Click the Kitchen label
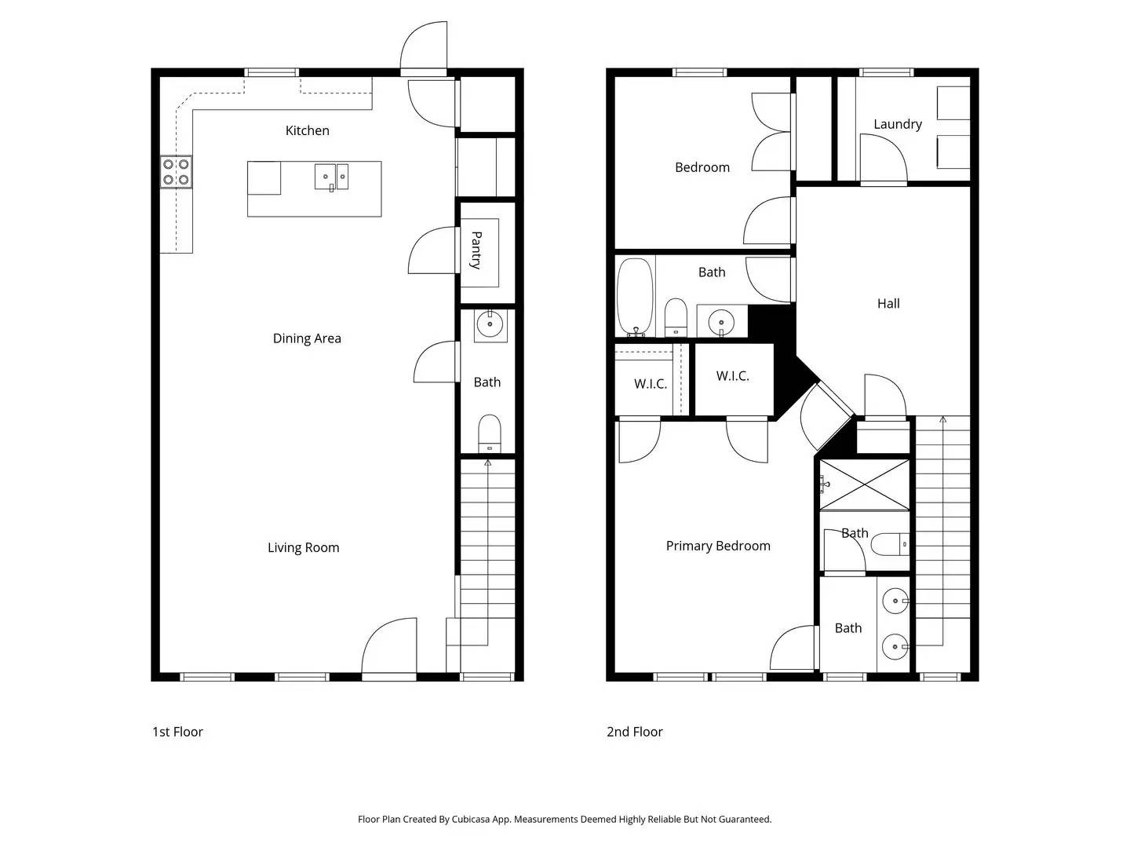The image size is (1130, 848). pos(307,130)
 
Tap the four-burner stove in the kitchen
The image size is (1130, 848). pos(176,172)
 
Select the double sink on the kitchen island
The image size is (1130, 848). pos(332,177)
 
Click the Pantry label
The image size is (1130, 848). pos(476,250)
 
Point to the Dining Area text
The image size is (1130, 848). pos(307,338)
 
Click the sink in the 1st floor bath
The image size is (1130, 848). pos(490,323)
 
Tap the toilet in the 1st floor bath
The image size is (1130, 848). pos(490,433)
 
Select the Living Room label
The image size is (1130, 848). pos(303,547)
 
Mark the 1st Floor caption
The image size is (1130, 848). pos(177,732)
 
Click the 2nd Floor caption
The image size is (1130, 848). pos(634,732)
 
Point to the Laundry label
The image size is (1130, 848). pos(897,124)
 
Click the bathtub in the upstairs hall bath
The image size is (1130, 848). pos(635,296)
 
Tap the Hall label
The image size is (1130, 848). pos(888,303)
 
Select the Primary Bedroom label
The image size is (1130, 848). pos(718,546)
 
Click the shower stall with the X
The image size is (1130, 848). pos(865,484)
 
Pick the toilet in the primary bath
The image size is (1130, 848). pos(890,543)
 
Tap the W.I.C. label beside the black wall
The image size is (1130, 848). pos(732,376)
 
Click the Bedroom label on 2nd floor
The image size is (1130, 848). pos(702,167)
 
